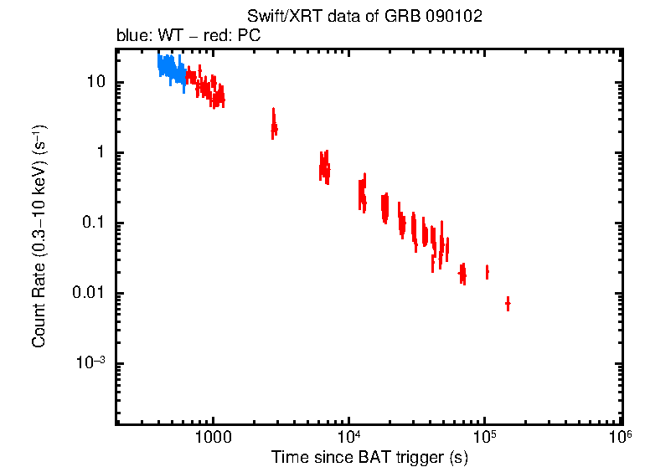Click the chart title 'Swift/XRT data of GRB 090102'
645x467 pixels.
click(364, 18)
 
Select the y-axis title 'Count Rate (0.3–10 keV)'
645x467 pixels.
click(39, 237)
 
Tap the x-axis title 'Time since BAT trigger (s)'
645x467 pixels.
click(369, 457)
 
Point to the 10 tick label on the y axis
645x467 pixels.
click(95, 82)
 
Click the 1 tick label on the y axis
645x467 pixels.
click(101, 152)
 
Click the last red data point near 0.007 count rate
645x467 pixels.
click(508, 303)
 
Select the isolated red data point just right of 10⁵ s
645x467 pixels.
click(487, 272)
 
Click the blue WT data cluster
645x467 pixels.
click(172, 69)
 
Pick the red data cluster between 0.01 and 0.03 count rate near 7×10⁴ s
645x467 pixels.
click(462, 273)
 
